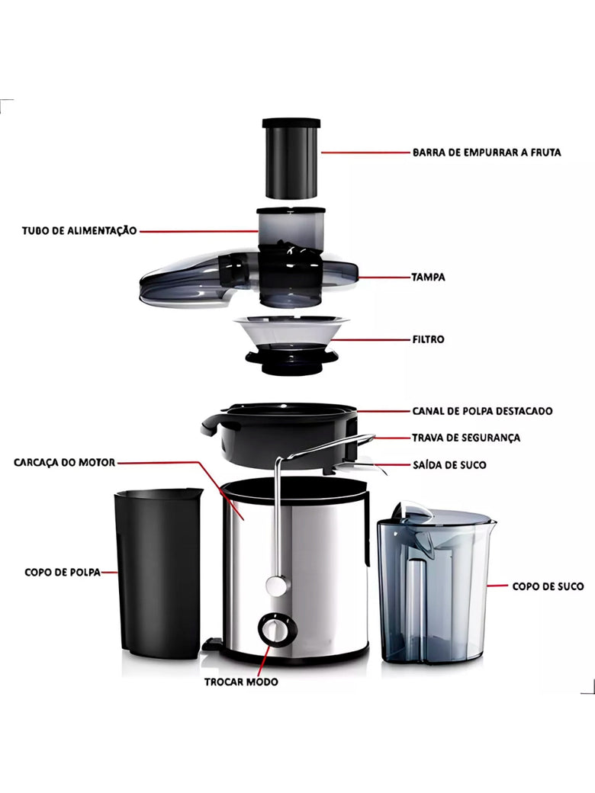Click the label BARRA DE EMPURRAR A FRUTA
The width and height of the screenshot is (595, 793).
click(x=487, y=152)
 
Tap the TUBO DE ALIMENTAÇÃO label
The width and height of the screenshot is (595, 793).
click(x=79, y=230)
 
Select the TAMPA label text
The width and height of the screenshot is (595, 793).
click(x=428, y=277)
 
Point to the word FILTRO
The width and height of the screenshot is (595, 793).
click(x=428, y=339)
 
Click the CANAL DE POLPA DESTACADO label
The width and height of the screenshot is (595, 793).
click(x=482, y=411)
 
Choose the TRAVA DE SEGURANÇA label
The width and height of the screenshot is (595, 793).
click(x=466, y=438)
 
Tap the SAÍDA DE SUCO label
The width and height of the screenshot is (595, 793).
click(x=449, y=465)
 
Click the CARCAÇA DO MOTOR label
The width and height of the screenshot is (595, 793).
click(x=65, y=462)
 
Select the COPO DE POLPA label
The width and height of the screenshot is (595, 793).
click(x=63, y=572)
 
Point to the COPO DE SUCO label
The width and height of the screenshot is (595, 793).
click(x=548, y=586)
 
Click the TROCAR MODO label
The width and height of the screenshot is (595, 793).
click(x=241, y=682)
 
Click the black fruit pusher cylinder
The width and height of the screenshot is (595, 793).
click(x=291, y=158)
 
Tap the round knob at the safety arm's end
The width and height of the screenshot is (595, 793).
click(x=275, y=585)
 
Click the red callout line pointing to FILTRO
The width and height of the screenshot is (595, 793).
click(x=378, y=339)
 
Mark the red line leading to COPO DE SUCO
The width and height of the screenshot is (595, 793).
click(x=497, y=586)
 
